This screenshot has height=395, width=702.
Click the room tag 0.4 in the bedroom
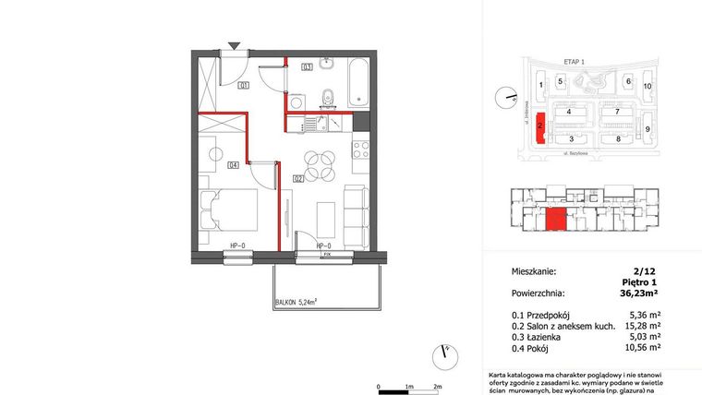point(234,165)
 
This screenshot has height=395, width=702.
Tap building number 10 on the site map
point(648,86)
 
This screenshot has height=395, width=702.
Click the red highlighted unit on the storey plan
point(555,221)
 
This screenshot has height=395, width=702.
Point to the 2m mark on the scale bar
point(438,386)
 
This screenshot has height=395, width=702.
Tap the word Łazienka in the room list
point(548,337)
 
